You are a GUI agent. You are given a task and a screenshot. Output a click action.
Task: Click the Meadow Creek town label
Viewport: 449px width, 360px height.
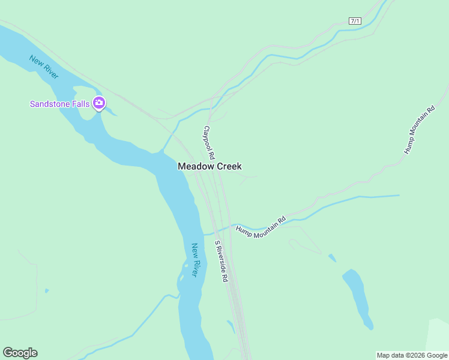point(209,166)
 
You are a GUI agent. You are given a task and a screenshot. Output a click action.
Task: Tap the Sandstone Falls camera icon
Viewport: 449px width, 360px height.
point(100,104)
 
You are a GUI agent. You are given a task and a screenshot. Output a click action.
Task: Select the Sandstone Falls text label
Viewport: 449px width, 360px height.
point(60,104)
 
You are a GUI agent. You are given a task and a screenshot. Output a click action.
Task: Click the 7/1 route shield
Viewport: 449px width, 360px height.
point(355,21)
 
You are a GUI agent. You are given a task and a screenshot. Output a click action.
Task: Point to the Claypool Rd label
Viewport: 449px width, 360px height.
point(209,142)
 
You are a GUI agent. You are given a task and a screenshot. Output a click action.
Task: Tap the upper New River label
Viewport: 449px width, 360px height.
point(44,66)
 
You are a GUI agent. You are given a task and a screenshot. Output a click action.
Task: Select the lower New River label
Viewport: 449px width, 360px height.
point(194,259)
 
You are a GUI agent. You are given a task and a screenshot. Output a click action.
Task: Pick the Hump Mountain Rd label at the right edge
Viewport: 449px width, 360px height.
point(419,130)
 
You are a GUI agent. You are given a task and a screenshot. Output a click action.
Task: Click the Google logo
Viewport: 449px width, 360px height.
point(20,353)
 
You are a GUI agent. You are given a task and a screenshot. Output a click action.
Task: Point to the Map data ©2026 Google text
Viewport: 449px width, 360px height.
point(412,355)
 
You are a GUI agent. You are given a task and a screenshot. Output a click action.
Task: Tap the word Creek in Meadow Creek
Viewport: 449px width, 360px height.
point(227,166)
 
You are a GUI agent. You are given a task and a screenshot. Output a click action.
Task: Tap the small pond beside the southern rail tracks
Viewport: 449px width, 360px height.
point(231,326)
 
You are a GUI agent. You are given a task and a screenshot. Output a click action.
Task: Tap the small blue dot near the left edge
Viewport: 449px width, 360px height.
point(47,291)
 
